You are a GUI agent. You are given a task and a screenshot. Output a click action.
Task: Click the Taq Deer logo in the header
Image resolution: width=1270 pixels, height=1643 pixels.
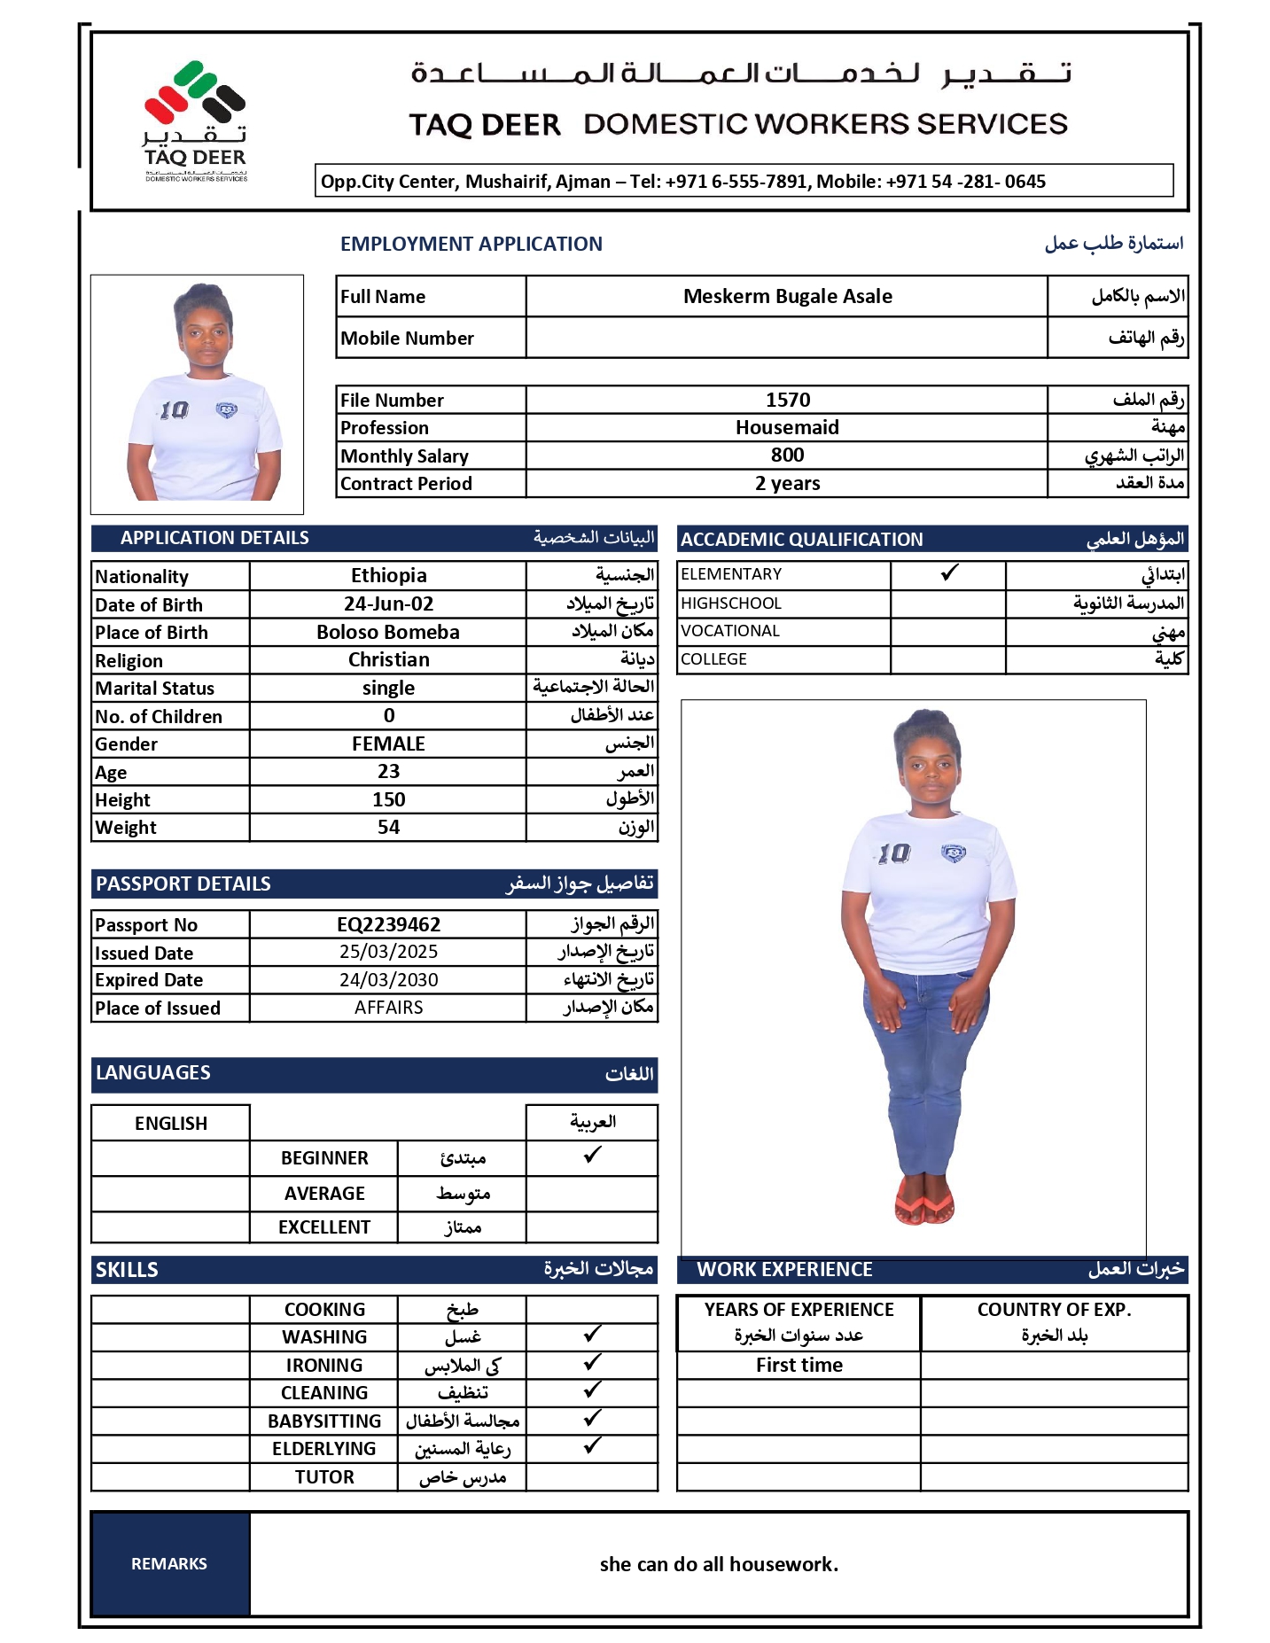pyautogui.click(x=195, y=120)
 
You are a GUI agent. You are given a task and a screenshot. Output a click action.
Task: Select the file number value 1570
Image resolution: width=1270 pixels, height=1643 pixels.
pyautogui.click(x=787, y=400)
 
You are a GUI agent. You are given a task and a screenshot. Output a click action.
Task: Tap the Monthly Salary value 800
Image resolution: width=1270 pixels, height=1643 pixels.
pyautogui.click(x=787, y=456)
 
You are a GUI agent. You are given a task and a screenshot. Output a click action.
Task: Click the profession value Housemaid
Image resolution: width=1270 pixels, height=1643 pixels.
pyautogui.click(x=787, y=428)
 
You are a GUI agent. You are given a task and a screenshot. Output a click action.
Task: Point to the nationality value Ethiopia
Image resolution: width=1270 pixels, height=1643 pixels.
pyautogui.click(x=388, y=576)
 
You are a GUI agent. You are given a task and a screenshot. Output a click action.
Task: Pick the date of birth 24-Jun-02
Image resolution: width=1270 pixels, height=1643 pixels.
pyautogui.click(x=388, y=604)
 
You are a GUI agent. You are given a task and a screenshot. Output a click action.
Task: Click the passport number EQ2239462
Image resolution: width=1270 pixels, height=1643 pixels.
pyautogui.click(x=388, y=925)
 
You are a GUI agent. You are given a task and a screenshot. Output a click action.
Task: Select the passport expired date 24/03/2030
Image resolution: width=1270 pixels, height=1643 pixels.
pyautogui.click(x=388, y=980)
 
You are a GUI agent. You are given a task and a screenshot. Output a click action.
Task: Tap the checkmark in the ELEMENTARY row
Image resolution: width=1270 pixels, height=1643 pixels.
pyautogui.click(x=949, y=573)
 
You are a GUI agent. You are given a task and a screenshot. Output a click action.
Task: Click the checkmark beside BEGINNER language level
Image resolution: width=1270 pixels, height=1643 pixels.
pyautogui.click(x=592, y=1156)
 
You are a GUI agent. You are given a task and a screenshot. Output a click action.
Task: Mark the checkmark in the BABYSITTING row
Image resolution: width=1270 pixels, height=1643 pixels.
pyautogui.click(x=592, y=1419)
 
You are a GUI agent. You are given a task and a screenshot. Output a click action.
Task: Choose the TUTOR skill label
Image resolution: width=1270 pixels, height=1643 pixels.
pyautogui.click(x=324, y=1477)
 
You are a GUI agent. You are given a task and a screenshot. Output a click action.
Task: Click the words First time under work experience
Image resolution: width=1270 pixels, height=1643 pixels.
pyautogui.click(x=799, y=1366)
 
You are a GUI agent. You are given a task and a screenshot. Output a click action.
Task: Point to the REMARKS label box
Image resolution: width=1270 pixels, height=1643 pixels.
pyautogui.click(x=169, y=1564)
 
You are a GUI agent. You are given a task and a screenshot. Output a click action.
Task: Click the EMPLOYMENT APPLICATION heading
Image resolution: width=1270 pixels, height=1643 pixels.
pyautogui.click(x=471, y=245)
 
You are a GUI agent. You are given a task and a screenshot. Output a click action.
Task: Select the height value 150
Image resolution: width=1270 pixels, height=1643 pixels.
pyautogui.click(x=388, y=800)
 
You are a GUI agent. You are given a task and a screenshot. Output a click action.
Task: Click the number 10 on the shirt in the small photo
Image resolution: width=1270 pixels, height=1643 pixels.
pyautogui.click(x=174, y=409)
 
